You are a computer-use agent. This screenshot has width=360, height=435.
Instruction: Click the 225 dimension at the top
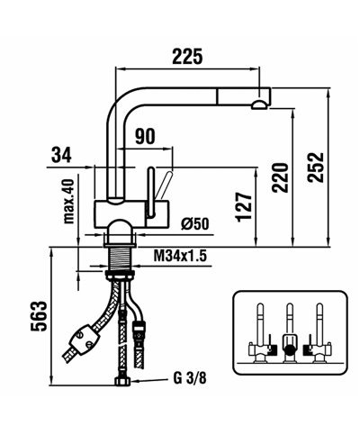(x=186, y=58)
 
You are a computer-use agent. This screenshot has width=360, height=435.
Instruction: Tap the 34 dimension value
(x=61, y=155)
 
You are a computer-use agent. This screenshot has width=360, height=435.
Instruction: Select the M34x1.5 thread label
(x=180, y=257)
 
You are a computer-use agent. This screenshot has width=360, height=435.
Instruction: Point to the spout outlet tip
(x=260, y=104)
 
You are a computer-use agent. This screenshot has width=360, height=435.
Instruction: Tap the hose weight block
(x=84, y=341)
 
